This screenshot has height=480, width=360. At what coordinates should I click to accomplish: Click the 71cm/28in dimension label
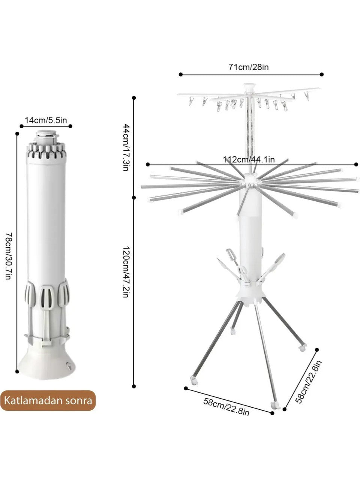pos(249,67)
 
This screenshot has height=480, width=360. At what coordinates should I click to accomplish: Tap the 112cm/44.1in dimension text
pos(249,159)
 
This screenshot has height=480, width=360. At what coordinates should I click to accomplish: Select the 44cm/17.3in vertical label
pos(126,147)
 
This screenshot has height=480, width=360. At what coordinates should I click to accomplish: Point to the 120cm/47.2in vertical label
pos(126,272)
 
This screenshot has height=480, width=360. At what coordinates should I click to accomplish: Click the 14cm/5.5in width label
pos(46,120)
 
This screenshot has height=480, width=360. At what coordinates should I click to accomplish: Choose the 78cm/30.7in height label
pos(9,256)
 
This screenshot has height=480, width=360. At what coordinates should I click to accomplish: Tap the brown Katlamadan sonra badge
pos(48,400)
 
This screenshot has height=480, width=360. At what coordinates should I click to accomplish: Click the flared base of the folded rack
pos(46,365)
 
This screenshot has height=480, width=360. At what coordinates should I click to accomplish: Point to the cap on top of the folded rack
pos(46,136)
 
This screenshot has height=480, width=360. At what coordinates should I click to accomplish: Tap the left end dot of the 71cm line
pos(180,74)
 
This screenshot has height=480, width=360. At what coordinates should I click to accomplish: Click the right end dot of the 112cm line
pos(356,164)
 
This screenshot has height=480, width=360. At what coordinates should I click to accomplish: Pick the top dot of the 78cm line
pos(17,133)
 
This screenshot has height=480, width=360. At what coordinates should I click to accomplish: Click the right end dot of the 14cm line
pos(70,126)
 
